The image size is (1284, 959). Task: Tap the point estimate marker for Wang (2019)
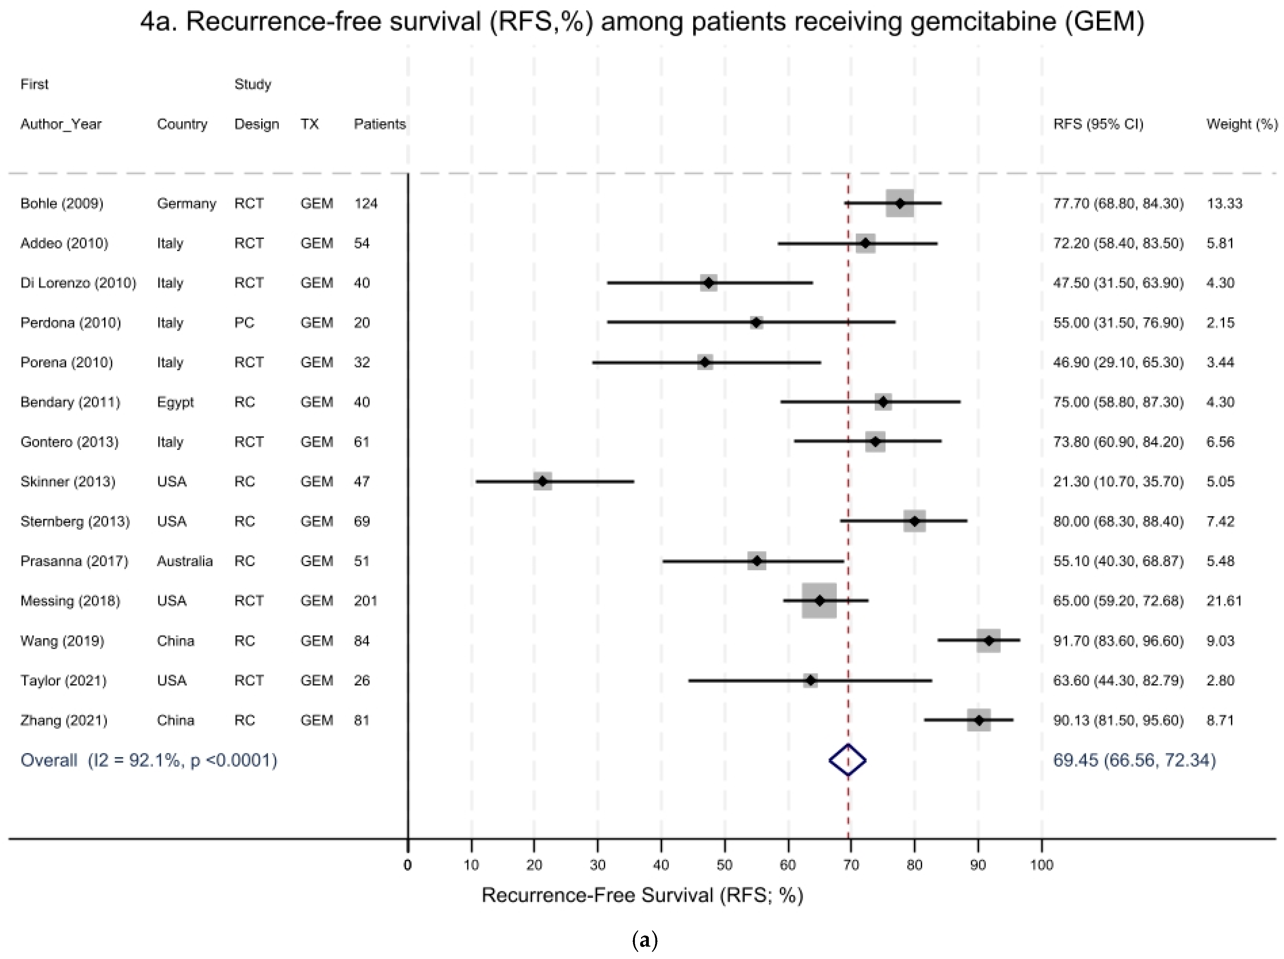(988, 640)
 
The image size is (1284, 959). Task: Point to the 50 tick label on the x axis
(724, 865)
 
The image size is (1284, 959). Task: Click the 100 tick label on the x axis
(1041, 865)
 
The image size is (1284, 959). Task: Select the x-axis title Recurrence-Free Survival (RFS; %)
(642, 895)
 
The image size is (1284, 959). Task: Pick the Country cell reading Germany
(186, 204)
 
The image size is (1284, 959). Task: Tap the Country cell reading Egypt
(175, 402)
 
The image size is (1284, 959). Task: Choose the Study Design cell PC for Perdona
(244, 323)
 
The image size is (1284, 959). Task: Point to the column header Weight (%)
(1242, 124)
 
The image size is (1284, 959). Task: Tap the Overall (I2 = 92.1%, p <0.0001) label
(149, 760)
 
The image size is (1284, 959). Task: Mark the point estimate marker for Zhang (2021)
(979, 720)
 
